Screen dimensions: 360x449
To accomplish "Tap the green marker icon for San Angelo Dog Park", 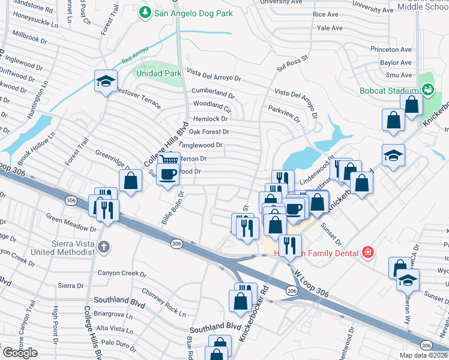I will coord(144,12).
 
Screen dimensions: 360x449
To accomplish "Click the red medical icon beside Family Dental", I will coord(367,253).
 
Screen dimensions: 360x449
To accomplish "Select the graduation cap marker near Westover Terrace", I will coord(106,82).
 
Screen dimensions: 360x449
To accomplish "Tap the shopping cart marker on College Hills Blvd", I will coord(169,160).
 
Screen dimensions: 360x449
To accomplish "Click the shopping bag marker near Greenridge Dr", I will coord(130,181).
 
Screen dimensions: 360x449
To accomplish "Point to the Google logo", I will coord(20,352).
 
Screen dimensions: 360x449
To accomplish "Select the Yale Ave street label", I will coord(330,28).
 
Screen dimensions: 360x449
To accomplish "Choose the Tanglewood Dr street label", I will coord(201,145).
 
